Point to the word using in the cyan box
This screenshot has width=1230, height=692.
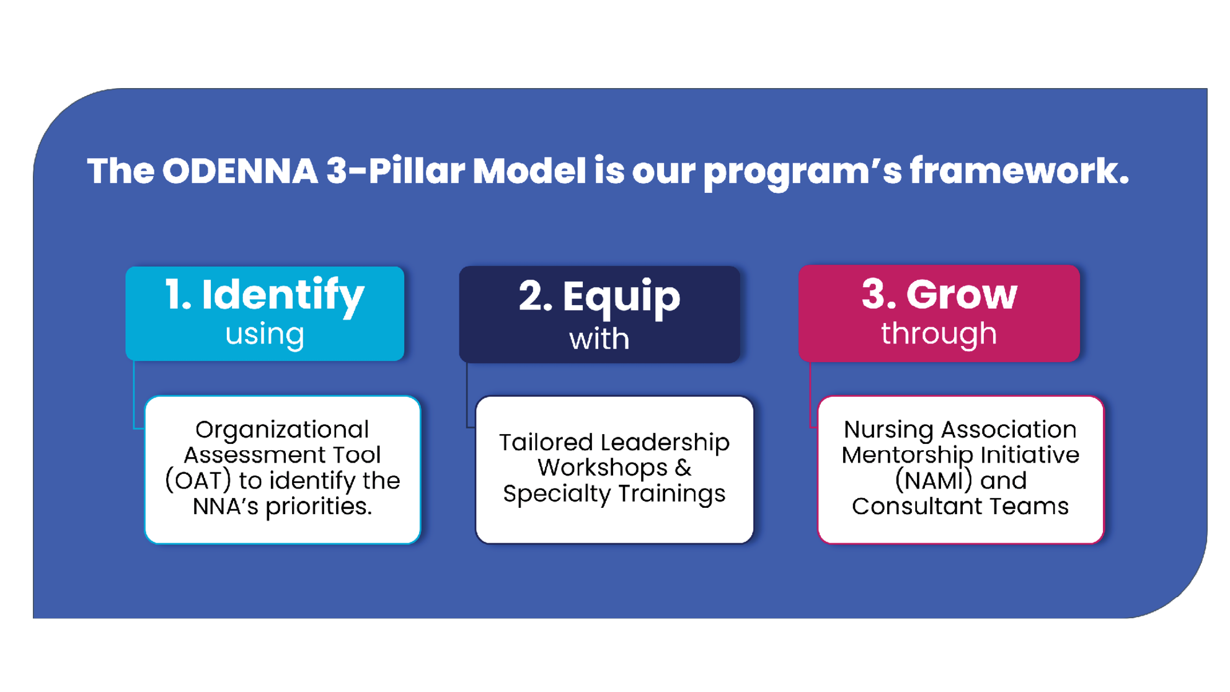point(265,334)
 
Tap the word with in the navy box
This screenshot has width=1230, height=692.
point(599,339)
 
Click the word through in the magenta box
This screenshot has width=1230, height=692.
point(939,334)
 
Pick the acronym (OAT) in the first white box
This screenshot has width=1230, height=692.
point(198,481)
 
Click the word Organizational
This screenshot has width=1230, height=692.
point(282,429)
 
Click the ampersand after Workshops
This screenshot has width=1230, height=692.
point(683,468)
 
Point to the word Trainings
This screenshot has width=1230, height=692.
point(671,494)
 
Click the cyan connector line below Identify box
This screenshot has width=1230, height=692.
point(134,397)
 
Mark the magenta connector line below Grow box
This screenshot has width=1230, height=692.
point(810,397)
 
